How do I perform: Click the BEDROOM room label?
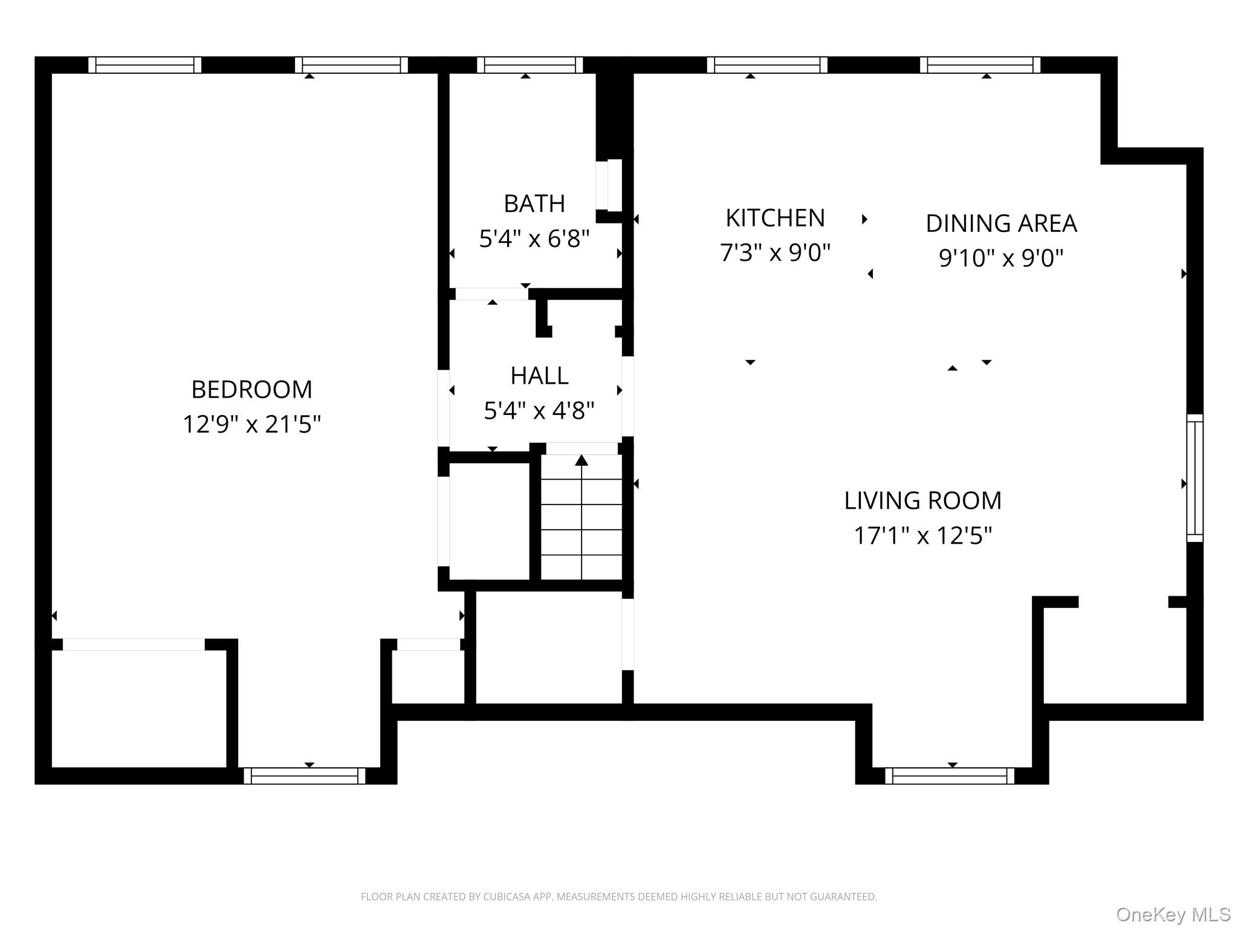coord(251,390)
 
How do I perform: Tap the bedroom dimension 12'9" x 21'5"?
coord(251,424)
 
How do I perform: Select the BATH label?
coord(534,204)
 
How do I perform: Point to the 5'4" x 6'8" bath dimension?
coord(534,239)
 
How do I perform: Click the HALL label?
coord(539,376)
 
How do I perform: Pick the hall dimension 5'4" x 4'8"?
coord(539,411)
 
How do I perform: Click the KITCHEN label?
coord(775,218)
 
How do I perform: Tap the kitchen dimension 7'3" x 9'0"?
coord(775,253)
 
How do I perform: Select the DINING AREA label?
coord(1001,224)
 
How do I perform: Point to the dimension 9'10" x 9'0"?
coord(1001,258)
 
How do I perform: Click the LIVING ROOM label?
coord(922,501)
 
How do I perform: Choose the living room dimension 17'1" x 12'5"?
coord(922,535)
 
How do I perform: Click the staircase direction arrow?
coord(582,462)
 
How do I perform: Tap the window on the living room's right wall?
coord(1194,477)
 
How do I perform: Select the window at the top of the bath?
coord(530,65)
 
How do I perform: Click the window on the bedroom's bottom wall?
coord(305,776)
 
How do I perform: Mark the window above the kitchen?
coord(766,65)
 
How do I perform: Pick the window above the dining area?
coord(980,65)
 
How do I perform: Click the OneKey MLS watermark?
coord(1173,915)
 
